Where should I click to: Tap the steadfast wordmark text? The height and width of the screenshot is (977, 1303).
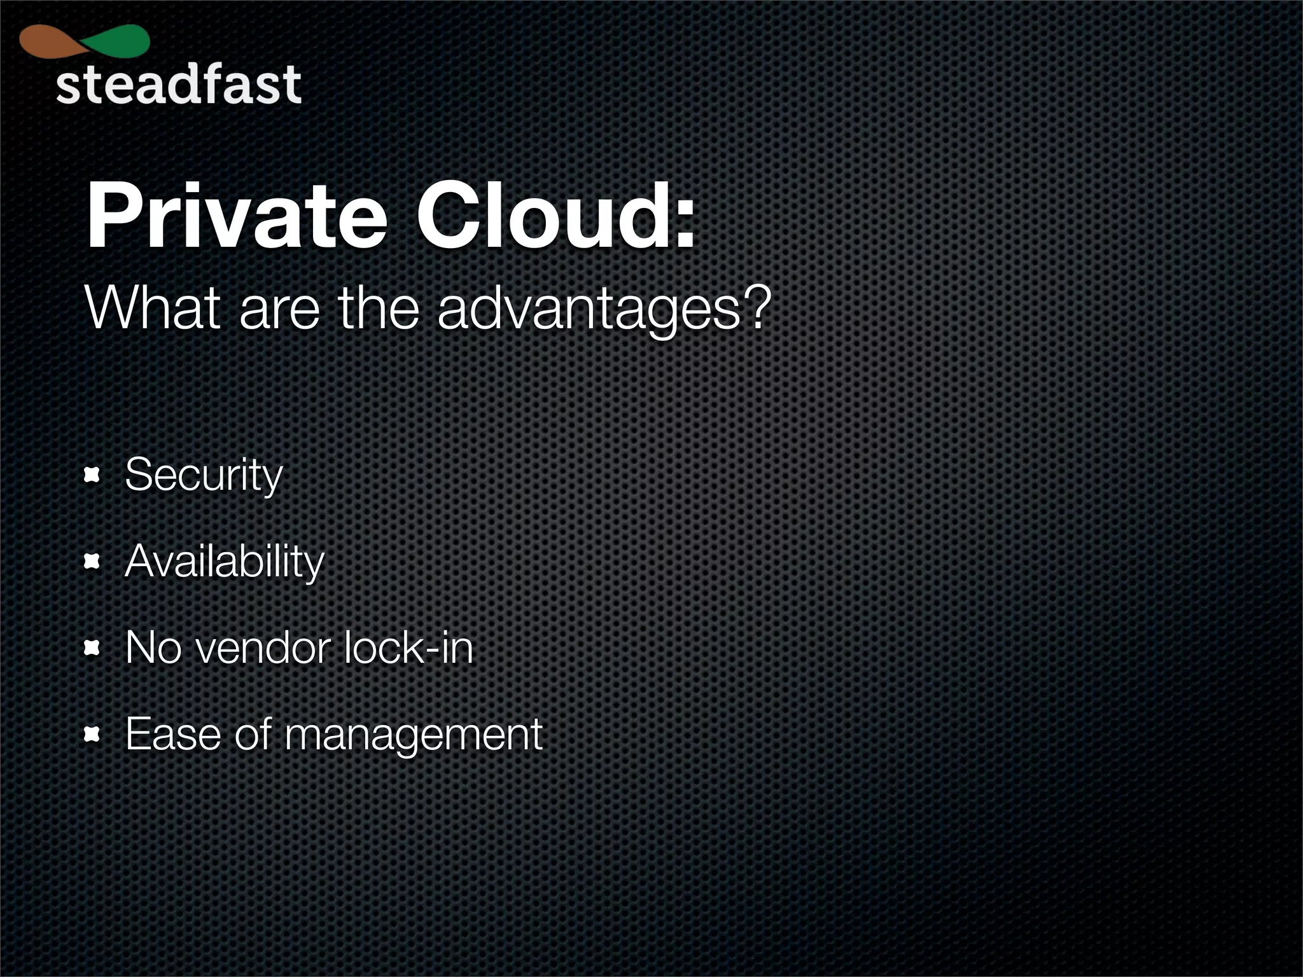click(x=178, y=85)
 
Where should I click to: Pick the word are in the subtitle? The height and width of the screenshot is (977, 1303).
click(x=279, y=310)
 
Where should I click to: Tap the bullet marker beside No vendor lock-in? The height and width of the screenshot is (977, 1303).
click(x=93, y=648)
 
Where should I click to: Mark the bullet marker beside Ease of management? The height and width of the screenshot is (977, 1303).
click(x=93, y=735)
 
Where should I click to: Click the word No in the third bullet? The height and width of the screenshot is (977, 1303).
click(x=153, y=648)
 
